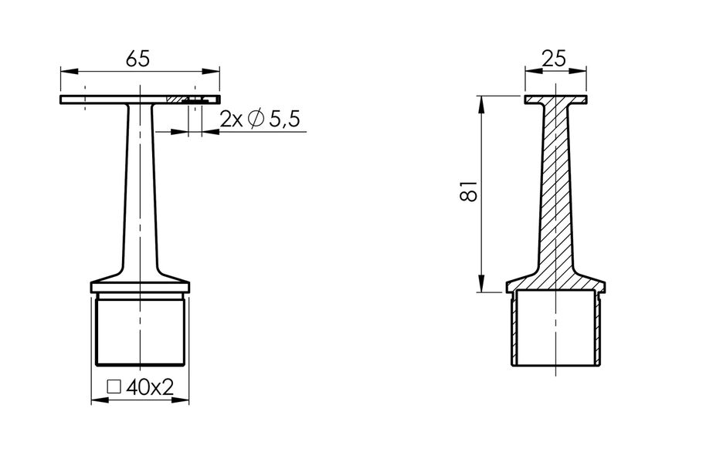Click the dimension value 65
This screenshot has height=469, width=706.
coord(137,59)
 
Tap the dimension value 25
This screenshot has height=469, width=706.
coord(555,59)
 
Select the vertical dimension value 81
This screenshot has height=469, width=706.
coord(469,192)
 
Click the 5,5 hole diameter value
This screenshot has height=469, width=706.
coord(284,120)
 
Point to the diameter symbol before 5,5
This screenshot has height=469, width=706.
coord(256,119)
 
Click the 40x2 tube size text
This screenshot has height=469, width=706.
coord(150,386)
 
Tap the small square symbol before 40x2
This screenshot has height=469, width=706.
coord(114,387)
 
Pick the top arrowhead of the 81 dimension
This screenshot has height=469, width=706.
coord(481,104)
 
